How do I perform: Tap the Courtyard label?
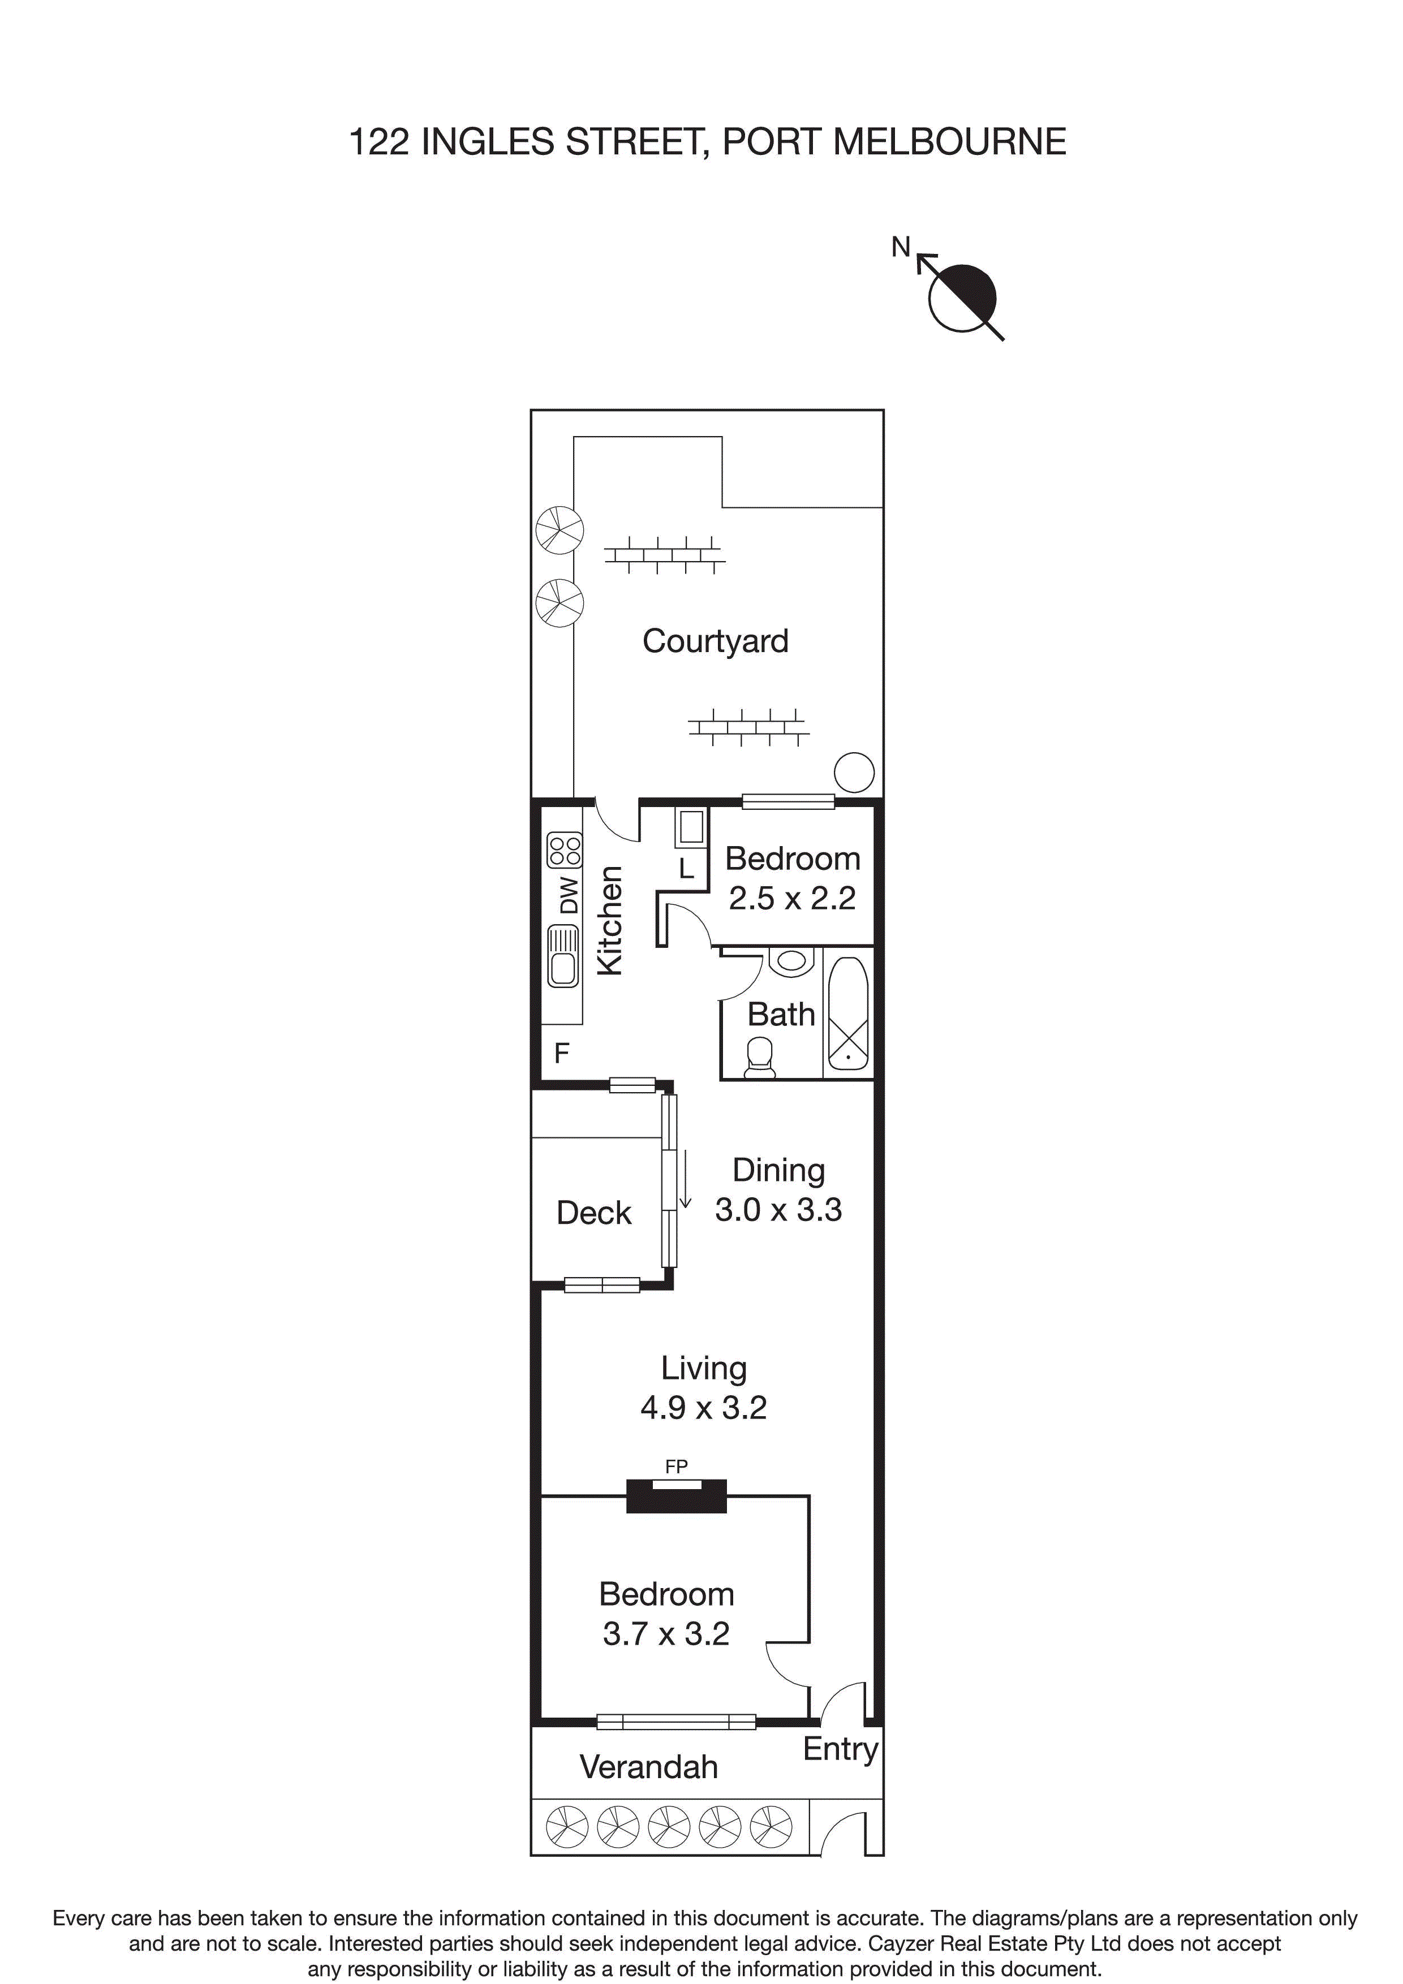point(715,641)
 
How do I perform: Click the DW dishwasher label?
point(568,895)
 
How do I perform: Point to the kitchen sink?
point(563,956)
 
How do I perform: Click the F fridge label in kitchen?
point(561,1053)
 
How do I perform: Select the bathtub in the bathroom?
point(848,1013)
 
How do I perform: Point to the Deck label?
point(594,1213)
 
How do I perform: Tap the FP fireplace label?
point(676,1467)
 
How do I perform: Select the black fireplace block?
point(676,1496)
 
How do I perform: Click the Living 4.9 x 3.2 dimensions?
point(704,1408)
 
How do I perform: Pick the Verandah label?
point(648,1767)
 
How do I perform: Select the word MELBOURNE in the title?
point(950,142)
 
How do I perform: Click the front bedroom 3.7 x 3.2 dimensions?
point(666,1634)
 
